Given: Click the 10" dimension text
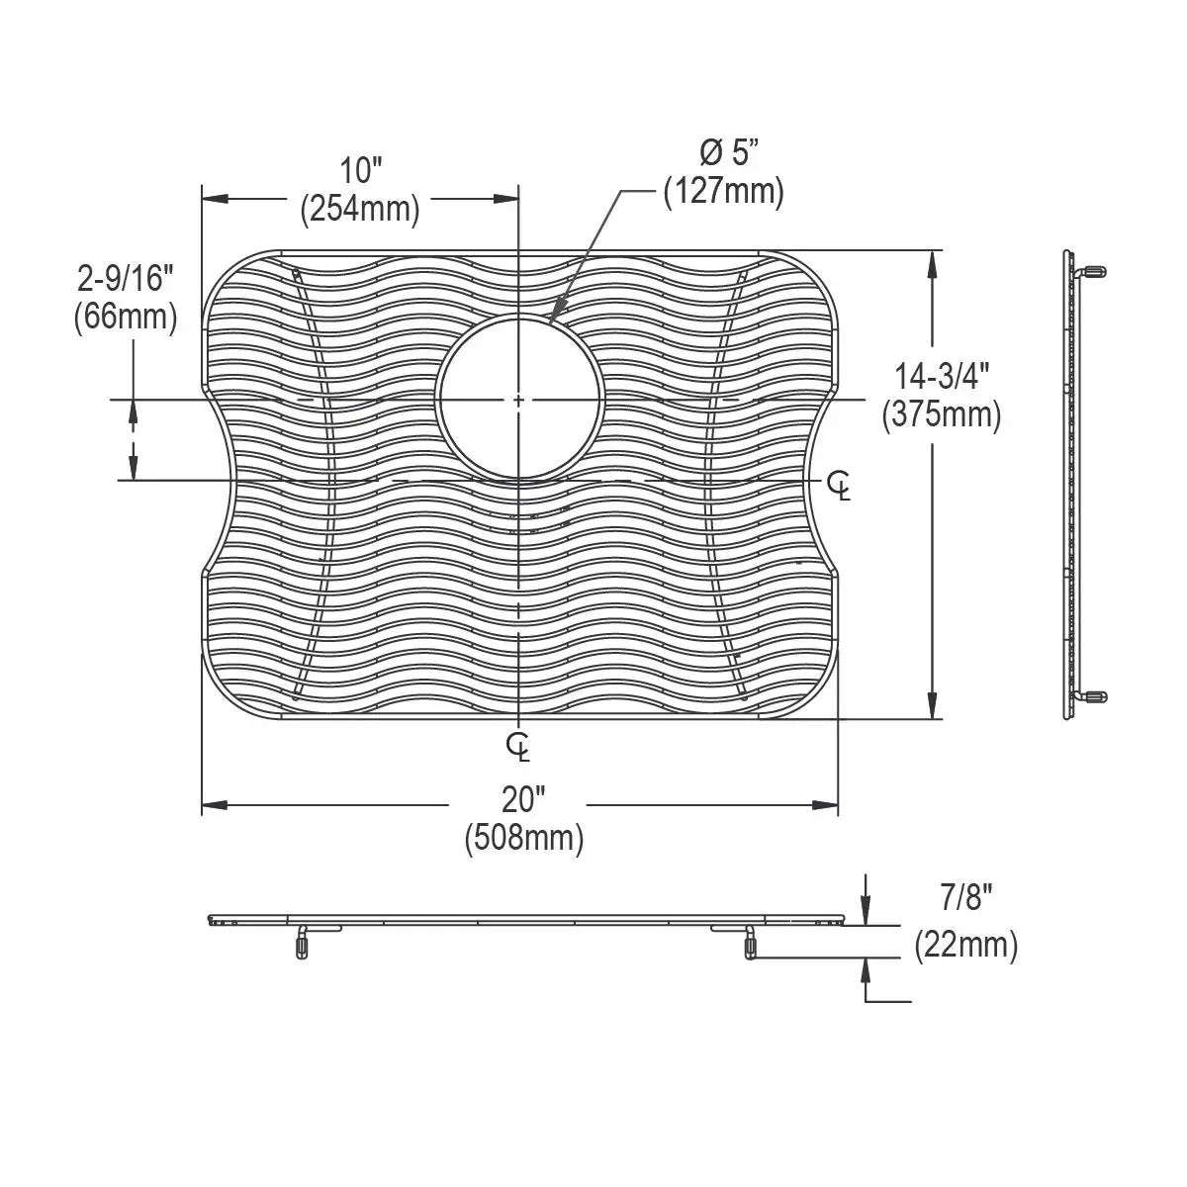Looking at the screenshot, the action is click(361, 170).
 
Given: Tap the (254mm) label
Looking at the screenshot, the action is click(360, 209).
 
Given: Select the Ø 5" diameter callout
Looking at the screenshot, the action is click(729, 151).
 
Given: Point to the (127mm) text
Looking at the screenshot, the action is click(724, 191).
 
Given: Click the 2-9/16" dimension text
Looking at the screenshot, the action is click(126, 279).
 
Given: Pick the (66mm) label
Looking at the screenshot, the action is click(126, 318).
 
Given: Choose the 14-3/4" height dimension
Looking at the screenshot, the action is click(942, 376).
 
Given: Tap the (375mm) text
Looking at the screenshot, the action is click(942, 414).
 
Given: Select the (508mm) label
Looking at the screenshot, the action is click(524, 838).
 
